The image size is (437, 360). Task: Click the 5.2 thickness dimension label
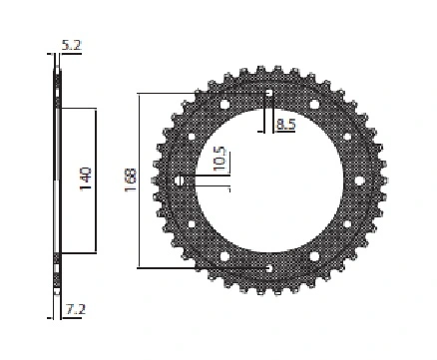[72, 45]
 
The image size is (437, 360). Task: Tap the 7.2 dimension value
[76, 309]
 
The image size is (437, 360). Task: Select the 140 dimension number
[86, 179]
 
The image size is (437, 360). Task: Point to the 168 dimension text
[131, 180]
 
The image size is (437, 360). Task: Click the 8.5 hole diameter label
[285, 125]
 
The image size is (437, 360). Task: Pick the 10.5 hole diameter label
[219, 159]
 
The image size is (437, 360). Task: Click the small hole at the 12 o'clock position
[269, 94]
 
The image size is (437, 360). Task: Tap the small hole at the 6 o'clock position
[269, 268]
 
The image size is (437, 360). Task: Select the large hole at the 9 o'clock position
[180, 180]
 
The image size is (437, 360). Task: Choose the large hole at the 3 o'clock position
[359, 180]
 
